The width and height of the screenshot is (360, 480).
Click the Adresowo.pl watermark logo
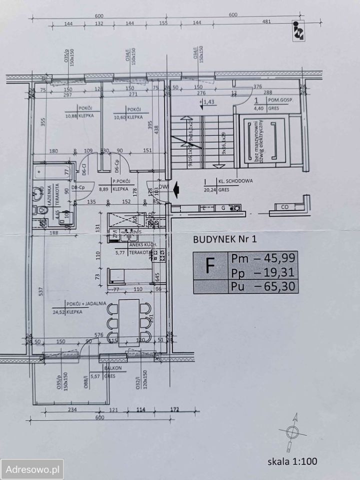tap(32, 469)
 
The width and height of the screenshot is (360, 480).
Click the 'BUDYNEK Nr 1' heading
tap(224, 239)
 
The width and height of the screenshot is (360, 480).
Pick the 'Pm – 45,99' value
tap(263, 258)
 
